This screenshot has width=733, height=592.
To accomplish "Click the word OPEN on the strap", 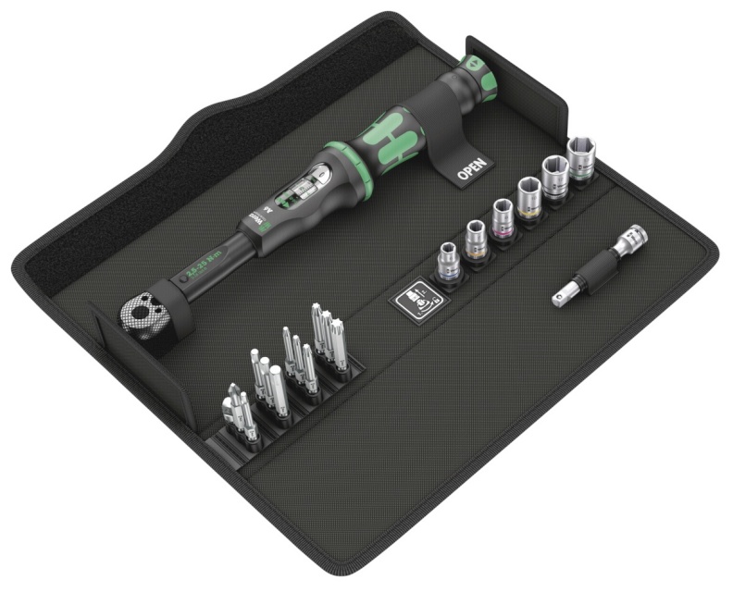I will pos(474,169).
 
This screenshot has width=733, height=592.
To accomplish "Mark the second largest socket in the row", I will pos(555,178).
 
